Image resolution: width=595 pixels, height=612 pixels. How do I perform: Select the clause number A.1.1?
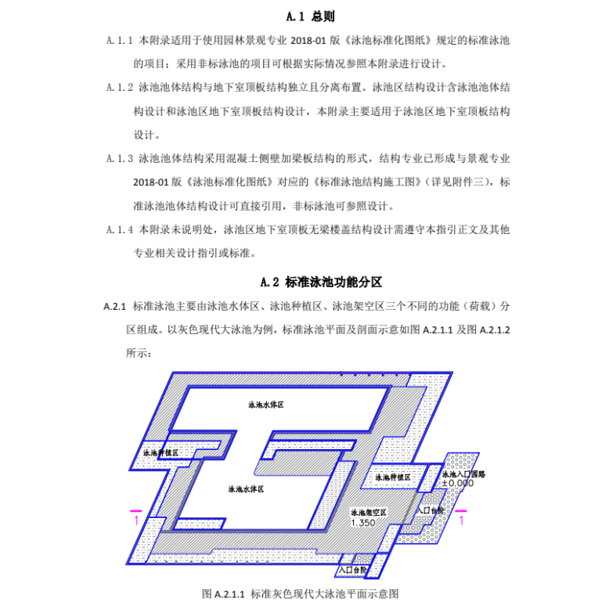(x=121, y=40)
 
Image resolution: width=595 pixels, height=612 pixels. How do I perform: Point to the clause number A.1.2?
(x=121, y=88)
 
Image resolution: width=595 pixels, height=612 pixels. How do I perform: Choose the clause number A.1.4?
(x=121, y=230)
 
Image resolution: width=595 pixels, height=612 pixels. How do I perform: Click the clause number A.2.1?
(x=114, y=306)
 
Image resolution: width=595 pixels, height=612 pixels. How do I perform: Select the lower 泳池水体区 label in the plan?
(x=245, y=489)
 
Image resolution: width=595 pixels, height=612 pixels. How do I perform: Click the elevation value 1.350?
(x=362, y=522)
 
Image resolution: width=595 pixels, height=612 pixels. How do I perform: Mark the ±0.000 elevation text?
(x=457, y=484)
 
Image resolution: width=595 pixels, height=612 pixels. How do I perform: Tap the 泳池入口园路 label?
(x=464, y=474)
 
